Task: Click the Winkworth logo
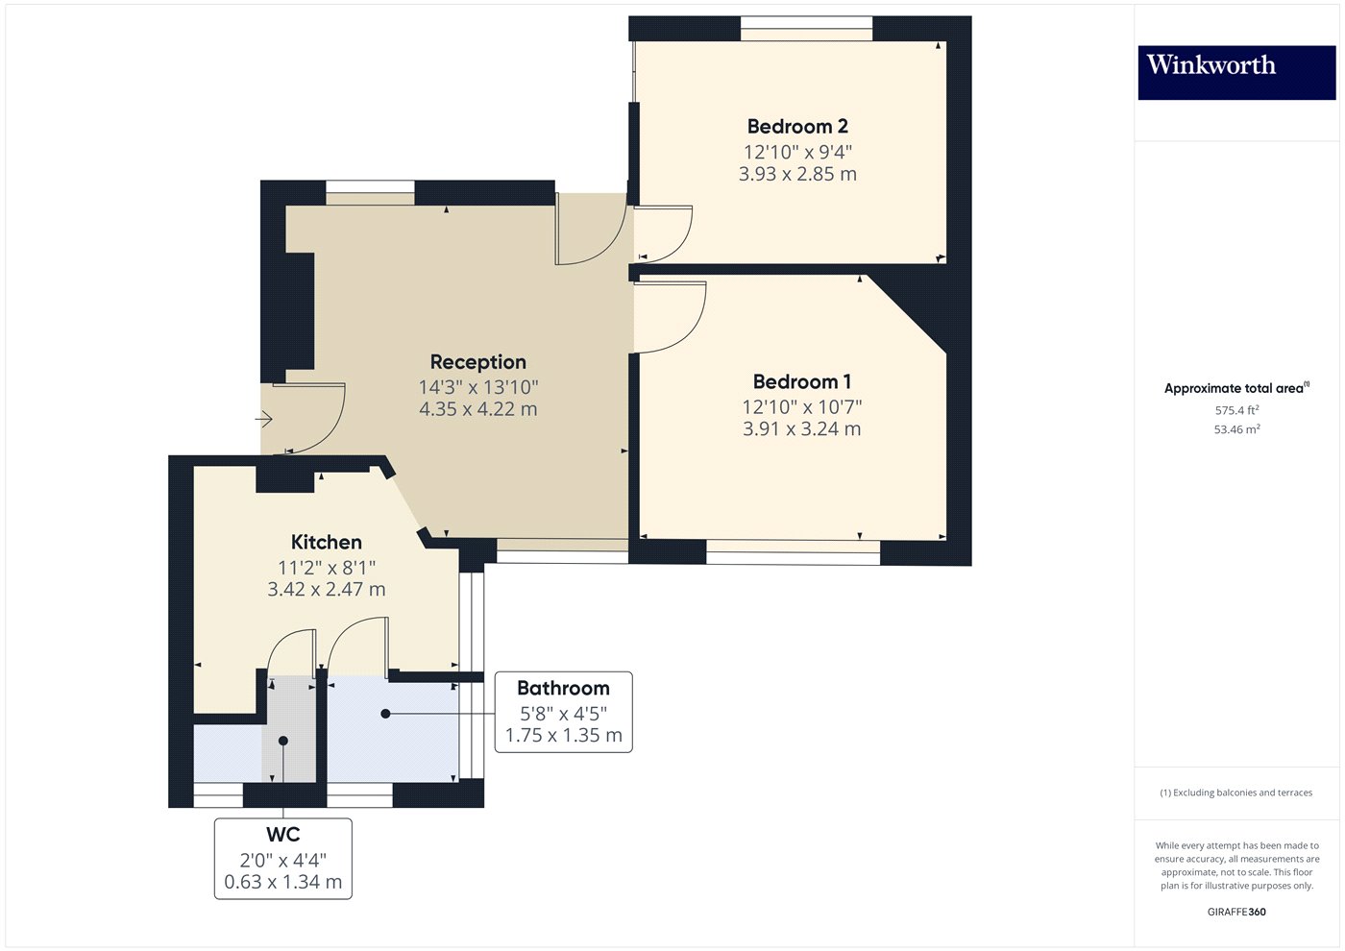pos(1236,72)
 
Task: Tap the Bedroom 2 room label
pos(797,126)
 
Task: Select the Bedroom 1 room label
pos(801,381)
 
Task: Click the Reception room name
pos(477,362)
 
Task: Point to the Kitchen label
pos(326,542)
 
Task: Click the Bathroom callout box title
pos(563,688)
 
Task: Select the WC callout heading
pos(282,835)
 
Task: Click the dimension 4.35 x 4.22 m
pos(477,409)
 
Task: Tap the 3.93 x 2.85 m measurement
pos(797,174)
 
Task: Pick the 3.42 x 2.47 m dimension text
pos(326,590)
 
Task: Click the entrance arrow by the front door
pos(264,419)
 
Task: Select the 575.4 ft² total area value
pos(1236,410)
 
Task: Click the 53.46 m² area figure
pos(1236,429)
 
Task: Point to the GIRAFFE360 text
pos(1236,912)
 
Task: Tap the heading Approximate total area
pos(1235,388)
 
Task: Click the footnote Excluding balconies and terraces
pos(1236,792)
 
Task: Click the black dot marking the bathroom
pos(385,714)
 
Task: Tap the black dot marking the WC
pos(283,741)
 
